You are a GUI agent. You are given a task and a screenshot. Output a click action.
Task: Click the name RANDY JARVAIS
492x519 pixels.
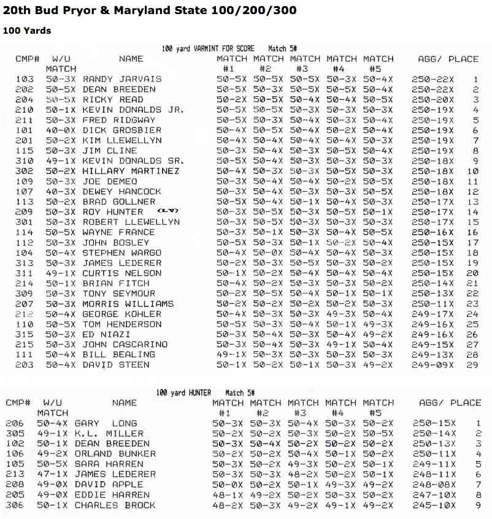click(x=122, y=79)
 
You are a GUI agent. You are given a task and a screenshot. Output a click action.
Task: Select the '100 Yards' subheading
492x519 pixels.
click(x=27, y=31)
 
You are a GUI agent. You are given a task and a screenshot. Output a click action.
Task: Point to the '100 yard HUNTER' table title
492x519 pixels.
click(x=183, y=392)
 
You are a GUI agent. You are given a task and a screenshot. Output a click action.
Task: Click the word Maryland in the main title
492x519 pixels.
click(x=174, y=10)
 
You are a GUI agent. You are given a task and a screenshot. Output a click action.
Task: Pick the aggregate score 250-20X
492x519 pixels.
click(x=432, y=99)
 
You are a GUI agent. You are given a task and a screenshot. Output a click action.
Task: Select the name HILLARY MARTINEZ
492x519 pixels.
click(x=131, y=171)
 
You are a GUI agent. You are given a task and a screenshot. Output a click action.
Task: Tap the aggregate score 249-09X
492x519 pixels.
click(x=432, y=365)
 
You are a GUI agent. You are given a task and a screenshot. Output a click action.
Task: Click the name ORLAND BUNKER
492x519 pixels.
click(x=115, y=454)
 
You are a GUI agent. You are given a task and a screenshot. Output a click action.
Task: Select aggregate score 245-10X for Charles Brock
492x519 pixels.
click(x=434, y=505)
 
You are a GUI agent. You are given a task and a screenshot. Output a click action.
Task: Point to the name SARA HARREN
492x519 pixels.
click(x=111, y=464)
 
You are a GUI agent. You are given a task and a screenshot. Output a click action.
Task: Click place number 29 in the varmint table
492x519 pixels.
click(x=472, y=365)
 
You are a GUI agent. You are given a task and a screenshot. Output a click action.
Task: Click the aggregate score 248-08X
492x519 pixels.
click(x=434, y=485)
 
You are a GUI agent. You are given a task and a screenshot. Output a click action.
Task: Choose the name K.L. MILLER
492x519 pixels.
click(x=109, y=433)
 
